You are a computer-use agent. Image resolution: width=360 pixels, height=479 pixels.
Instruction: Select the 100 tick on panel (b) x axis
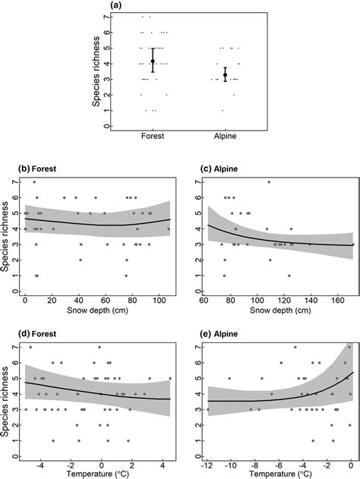point(158,300)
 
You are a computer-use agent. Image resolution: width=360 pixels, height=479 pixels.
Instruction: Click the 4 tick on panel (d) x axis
point(161,462)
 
